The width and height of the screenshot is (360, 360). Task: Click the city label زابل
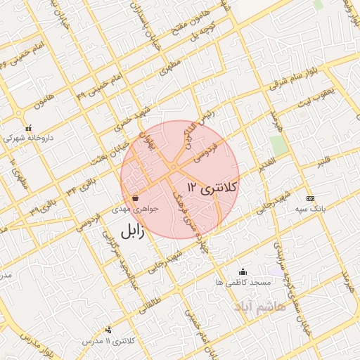point(131,232)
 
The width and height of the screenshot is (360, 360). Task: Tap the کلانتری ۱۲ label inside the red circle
point(214,187)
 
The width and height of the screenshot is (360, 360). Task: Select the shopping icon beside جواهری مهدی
point(134,198)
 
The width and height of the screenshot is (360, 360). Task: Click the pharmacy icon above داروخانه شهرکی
point(28,129)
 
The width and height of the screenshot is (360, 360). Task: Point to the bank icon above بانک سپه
point(311,199)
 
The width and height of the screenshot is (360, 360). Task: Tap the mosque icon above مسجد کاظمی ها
point(243,272)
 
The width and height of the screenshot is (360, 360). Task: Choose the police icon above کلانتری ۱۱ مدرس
point(108,330)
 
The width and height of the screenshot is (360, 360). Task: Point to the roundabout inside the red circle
point(172,167)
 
